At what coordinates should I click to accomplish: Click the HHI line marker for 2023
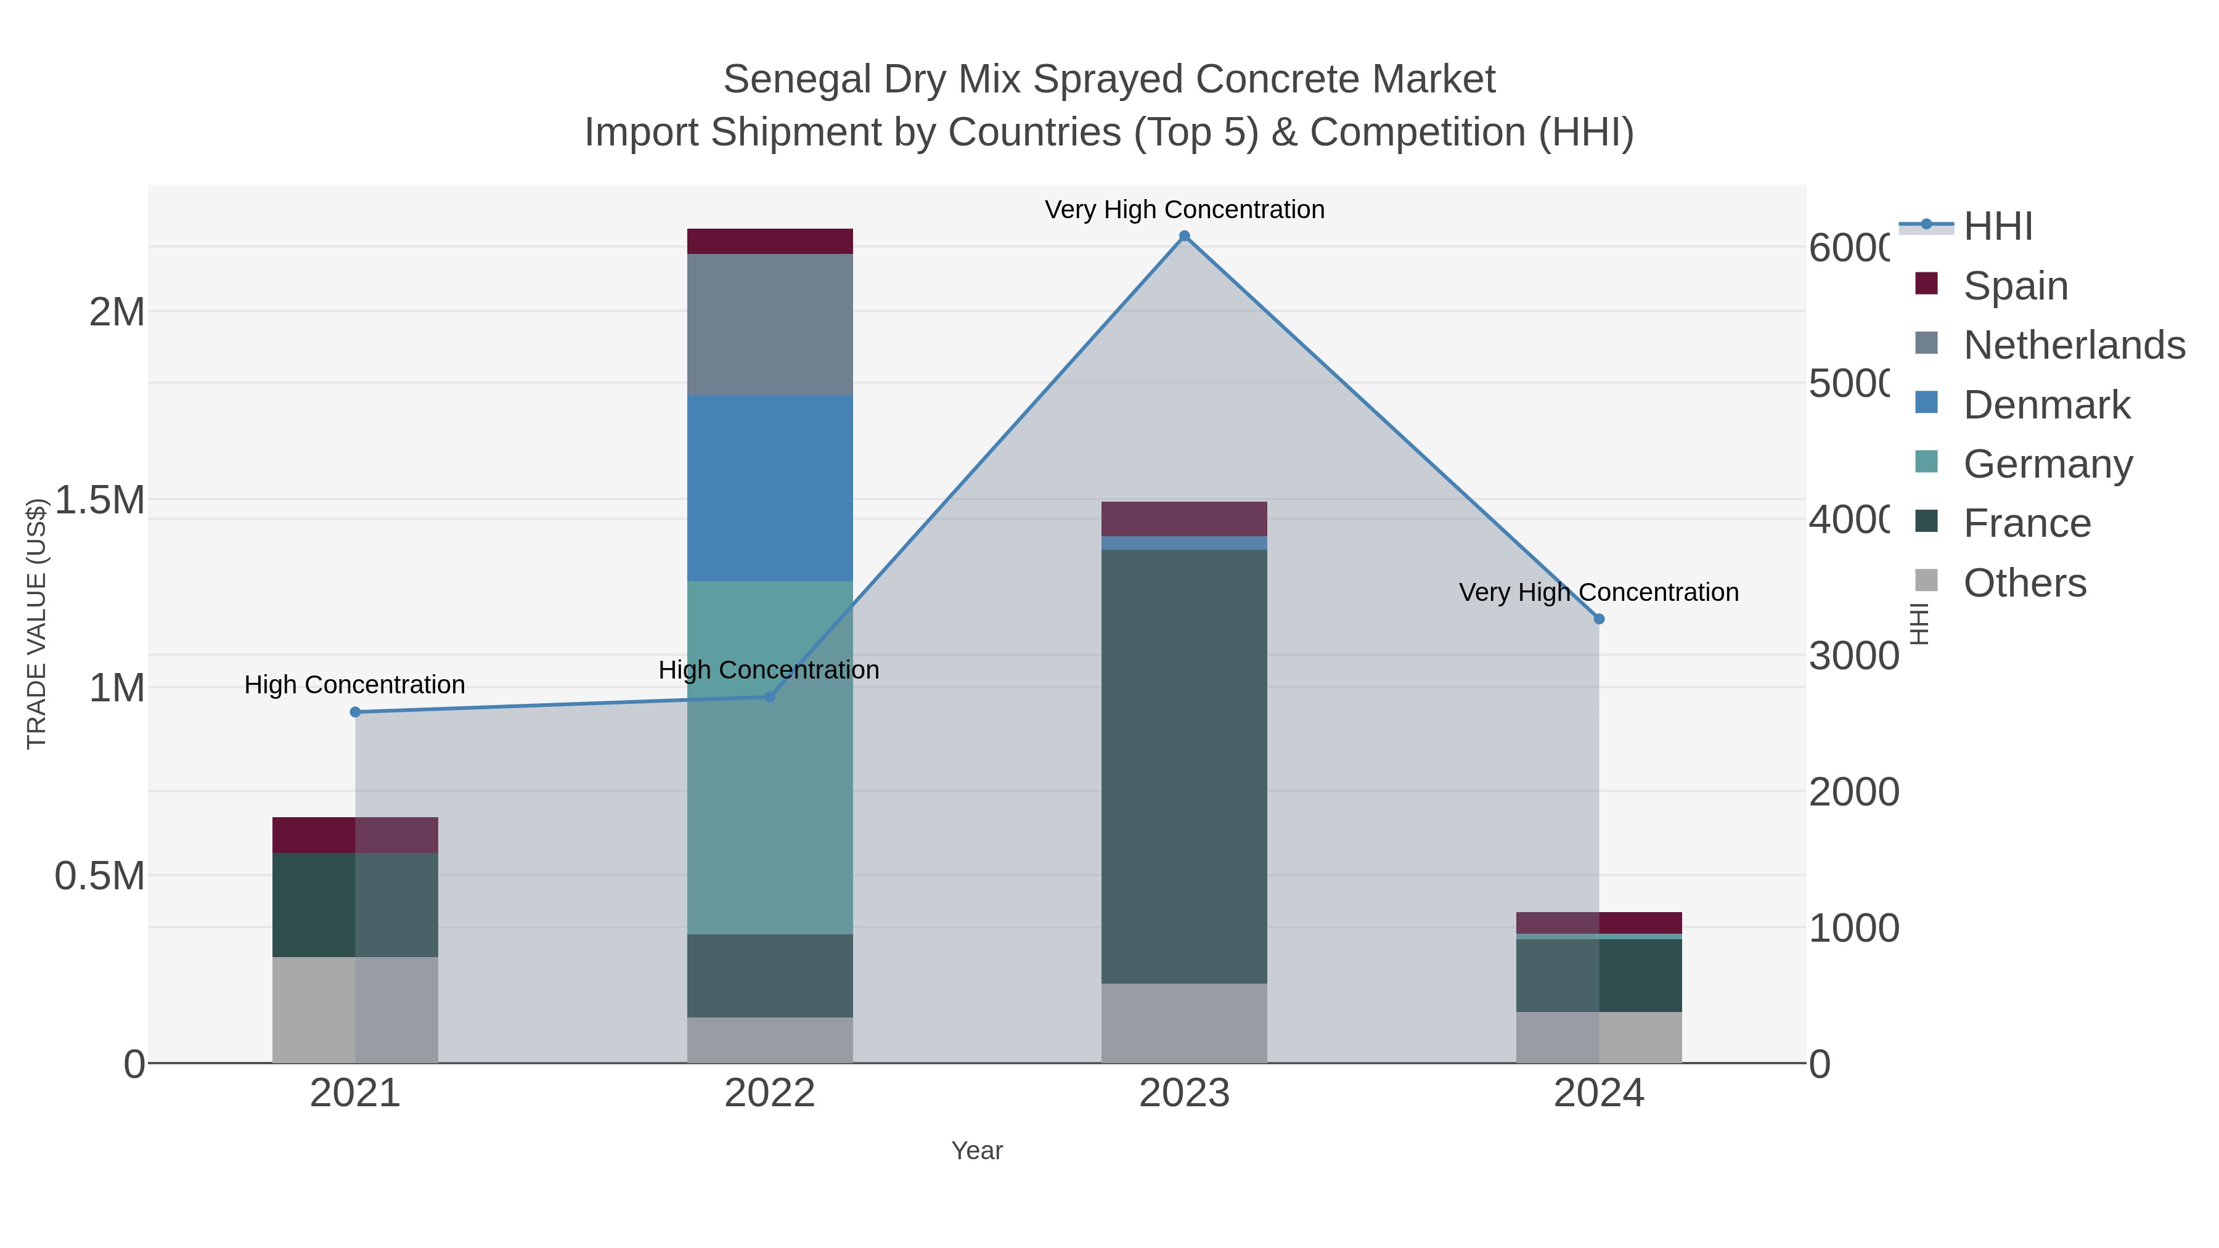pos(1185,236)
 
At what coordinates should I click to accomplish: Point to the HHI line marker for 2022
pos(770,697)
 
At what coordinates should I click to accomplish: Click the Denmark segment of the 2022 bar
pos(770,487)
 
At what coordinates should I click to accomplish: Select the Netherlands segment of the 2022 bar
pos(770,325)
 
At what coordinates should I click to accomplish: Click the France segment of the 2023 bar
pos(1185,767)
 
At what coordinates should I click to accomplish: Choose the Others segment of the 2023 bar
pos(1185,1023)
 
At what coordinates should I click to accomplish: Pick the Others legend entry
pos(2024,583)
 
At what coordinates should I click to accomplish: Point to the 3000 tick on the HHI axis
pos(1853,656)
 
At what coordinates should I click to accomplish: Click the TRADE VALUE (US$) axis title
pos(36,624)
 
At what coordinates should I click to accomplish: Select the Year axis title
pos(977,1151)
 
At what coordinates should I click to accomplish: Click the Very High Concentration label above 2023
pos(1185,210)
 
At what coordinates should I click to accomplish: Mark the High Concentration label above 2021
pos(355,685)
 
